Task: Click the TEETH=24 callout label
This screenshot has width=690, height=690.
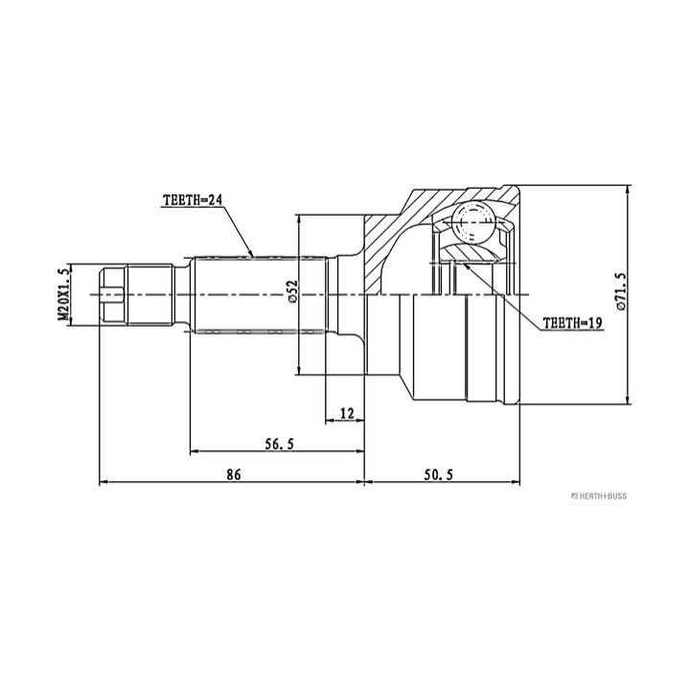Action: click(193, 200)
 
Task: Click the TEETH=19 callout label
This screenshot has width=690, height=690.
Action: click(572, 323)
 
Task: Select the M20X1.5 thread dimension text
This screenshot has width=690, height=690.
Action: click(64, 293)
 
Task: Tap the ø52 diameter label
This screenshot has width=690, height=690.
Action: click(293, 291)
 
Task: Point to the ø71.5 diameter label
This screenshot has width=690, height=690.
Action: click(620, 291)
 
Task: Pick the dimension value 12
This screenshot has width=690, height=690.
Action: click(347, 413)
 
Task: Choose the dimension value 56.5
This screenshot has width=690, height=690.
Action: click(279, 444)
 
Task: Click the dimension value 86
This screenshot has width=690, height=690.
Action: click(234, 474)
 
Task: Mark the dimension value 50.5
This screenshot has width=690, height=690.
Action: click(438, 474)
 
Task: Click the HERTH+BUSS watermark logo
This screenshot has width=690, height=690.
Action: click(598, 496)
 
